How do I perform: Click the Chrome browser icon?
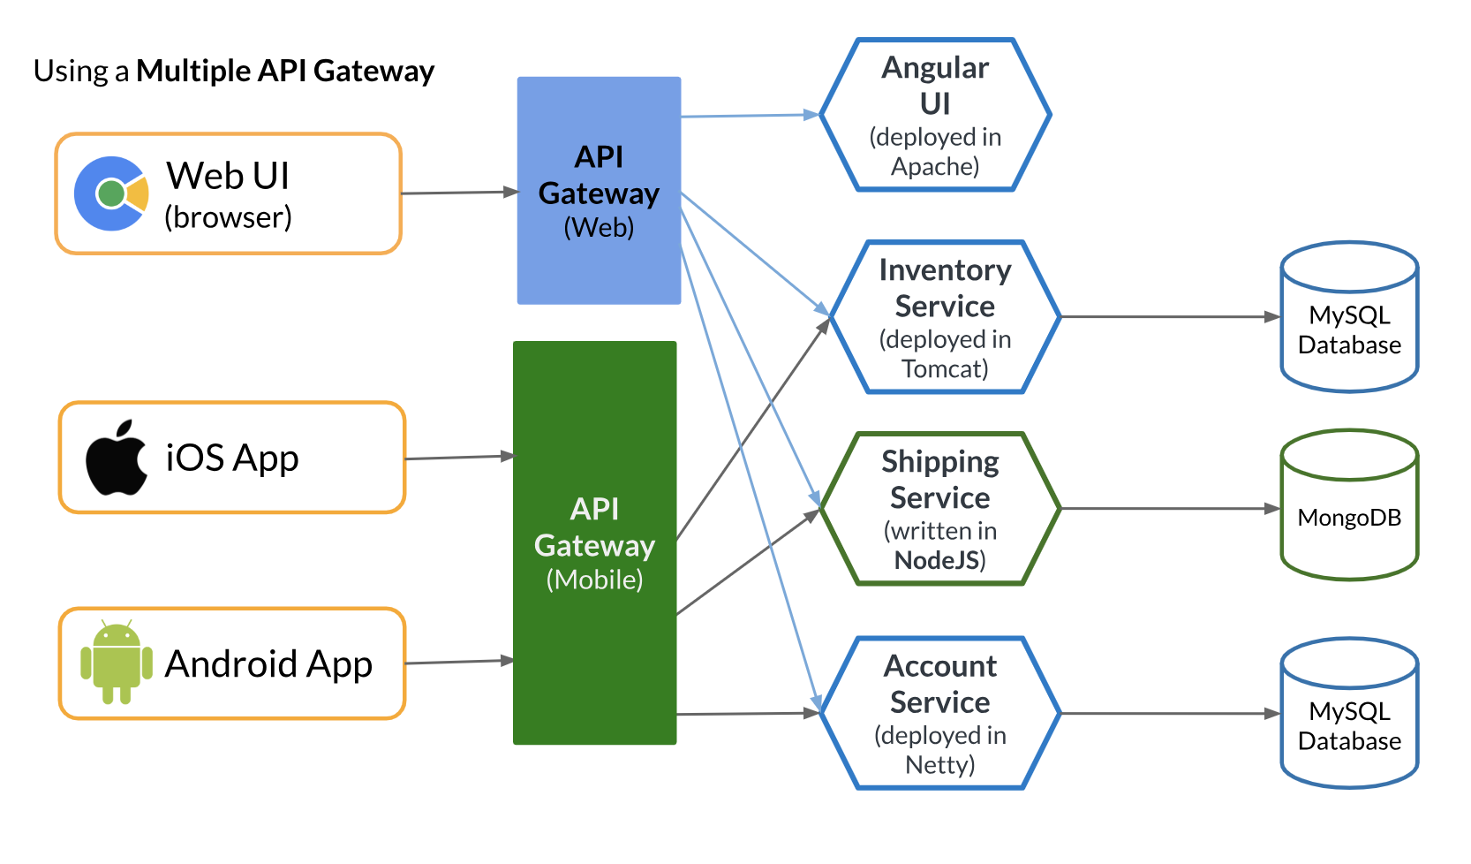pyautogui.click(x=111, y=193)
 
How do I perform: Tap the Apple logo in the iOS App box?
pyautogui.click(x=117, y=458)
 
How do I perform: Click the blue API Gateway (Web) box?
pyautogui.click(x=599, y=191)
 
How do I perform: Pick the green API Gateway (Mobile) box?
pyautogui.click(x=594, y=542)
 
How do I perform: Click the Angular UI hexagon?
pyautogui.click(x=935, y=115)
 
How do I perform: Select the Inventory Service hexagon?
pyautogui.click(x=944, y=317)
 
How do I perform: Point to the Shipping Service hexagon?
pyautogui.click(x=939, y=509)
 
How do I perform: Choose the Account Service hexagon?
pyautogui.click(x=939, y=713)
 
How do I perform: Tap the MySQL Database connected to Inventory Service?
pyautogui.click(x=1349, y=317)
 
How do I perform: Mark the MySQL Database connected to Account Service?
pyautogui.click(x=1349, y=713)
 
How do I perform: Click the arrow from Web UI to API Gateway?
pyautogui.click(x=459, y=193)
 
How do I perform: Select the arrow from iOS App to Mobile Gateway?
pyautogui.click(x=459, y=458)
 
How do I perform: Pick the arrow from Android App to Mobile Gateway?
pyautogui.click(x=459, y=662)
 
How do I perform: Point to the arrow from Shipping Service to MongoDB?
pyautogui.click(x=1170, y=509)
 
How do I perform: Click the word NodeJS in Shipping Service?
pyautogui.click(x=936, y=560)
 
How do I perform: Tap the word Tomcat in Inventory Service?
pyautogui.click(x=944, y=368)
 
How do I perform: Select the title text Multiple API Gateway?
pyautogui.click(x=285, y=71)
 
